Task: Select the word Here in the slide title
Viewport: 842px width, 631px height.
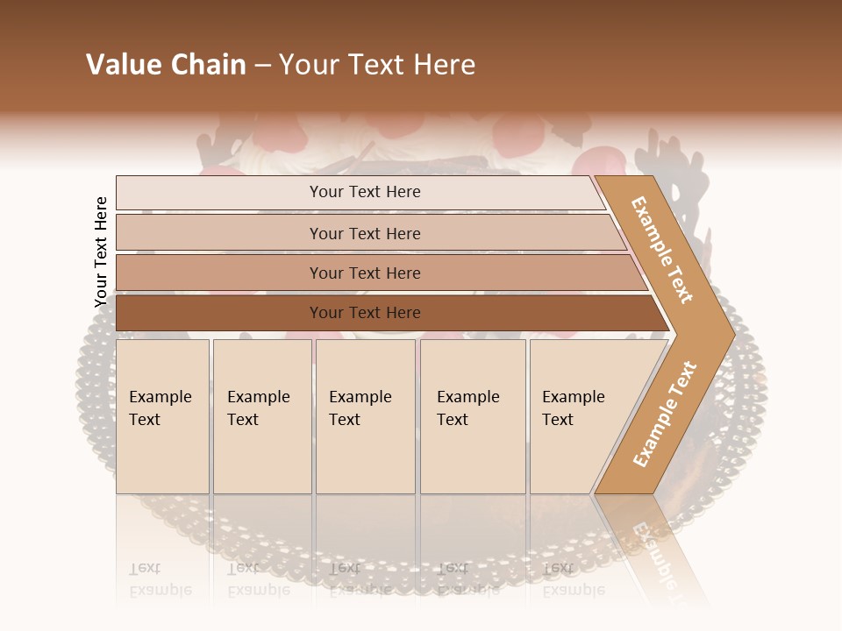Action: click(443, 65)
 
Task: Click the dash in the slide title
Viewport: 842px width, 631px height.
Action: click(262, 66)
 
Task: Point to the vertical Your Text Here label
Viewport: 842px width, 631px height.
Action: click(101, 252)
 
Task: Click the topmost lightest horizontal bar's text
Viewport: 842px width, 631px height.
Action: click(365, 192)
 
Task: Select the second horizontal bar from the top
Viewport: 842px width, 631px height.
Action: click(365, 233)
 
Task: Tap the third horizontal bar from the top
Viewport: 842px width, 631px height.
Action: click(365, 273)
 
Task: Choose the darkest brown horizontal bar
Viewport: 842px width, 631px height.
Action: click(365, 313)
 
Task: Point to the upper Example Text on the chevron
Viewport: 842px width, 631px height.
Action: click(662, 250)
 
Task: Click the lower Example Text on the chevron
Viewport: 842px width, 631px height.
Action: click(664, 415)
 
